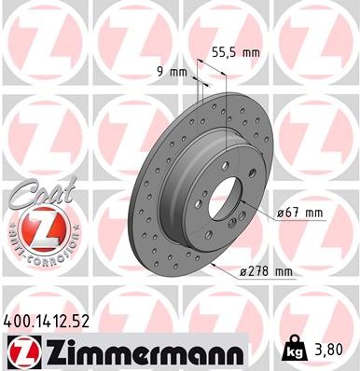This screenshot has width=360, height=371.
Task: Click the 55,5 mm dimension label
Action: point(235,53)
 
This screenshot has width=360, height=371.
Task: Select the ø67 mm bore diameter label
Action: point(298,213)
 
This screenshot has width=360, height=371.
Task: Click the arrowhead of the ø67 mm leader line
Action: point(244,203)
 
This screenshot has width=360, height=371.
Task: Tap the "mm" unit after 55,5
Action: point(249,53)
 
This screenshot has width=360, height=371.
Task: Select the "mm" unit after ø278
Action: point(282,272)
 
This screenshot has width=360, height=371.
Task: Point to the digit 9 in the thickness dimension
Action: point(159,72)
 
